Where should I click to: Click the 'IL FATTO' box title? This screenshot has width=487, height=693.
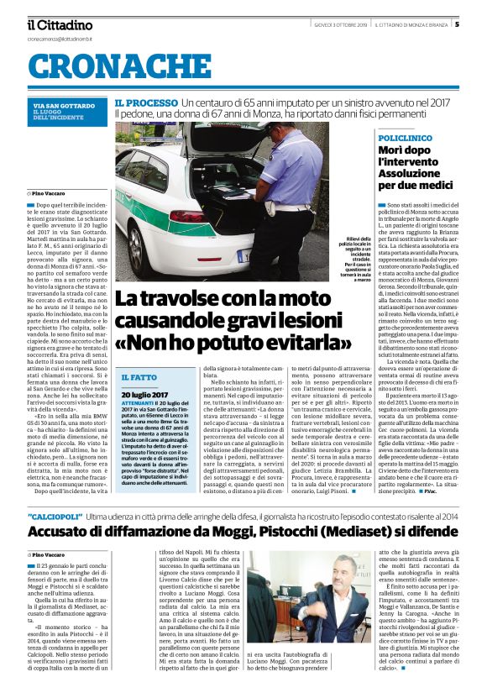139,378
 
